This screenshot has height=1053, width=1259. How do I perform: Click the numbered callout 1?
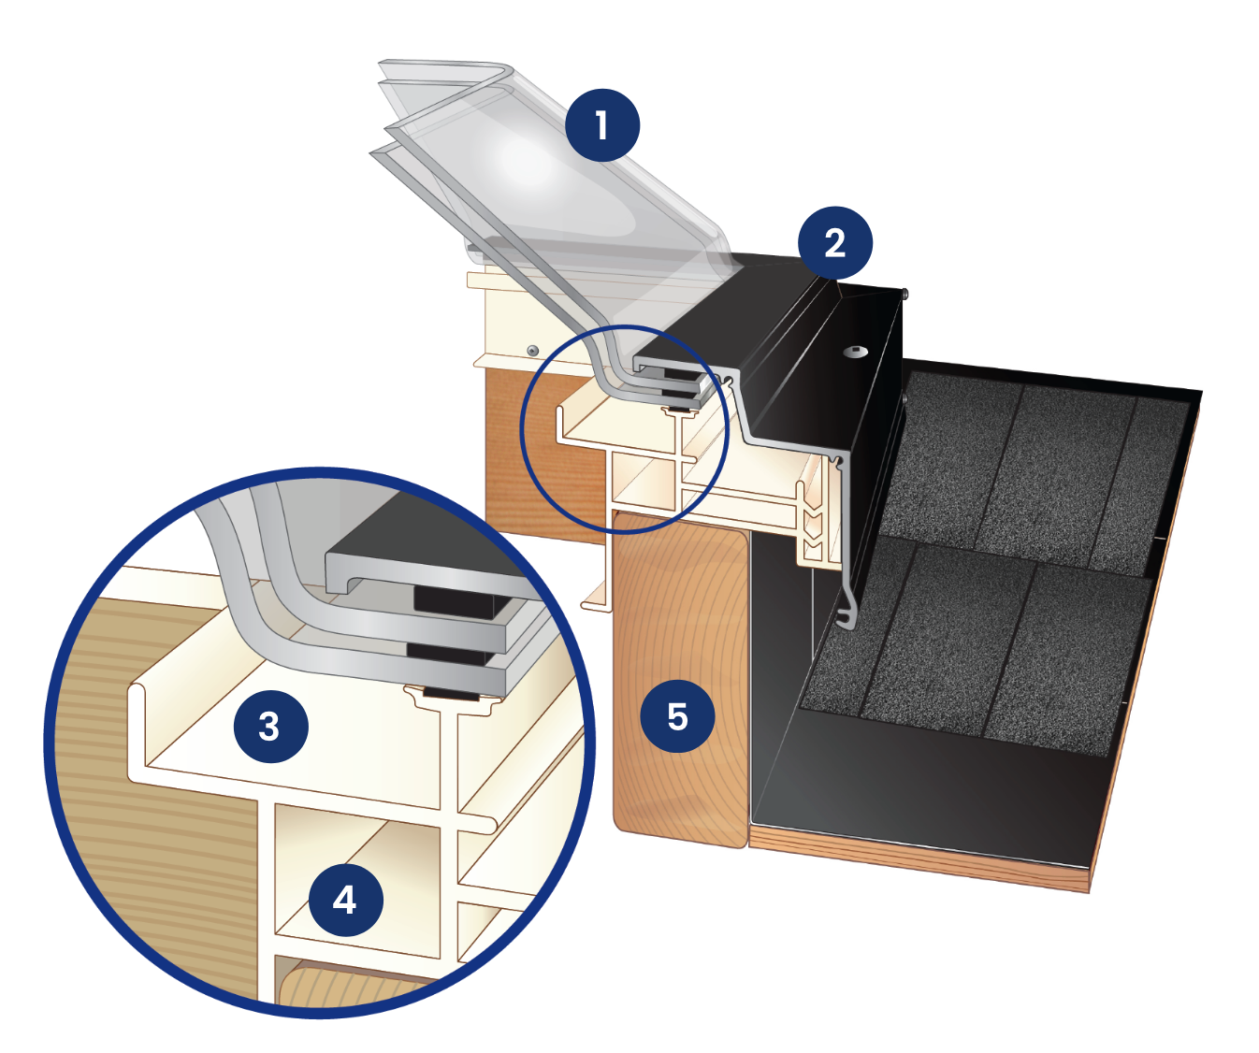[x=601, y=125]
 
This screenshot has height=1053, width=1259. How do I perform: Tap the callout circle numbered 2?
[x=834, y=243]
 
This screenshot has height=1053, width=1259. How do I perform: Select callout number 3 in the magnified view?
[x=270, y=727]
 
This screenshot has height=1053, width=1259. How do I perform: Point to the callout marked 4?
[x=345, y=901]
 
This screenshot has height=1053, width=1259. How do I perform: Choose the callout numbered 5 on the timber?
[x=677, y=716]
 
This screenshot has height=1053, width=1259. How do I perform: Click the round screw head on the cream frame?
[x=532, y=350]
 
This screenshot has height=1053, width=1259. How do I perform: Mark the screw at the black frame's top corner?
[x=904, y=294]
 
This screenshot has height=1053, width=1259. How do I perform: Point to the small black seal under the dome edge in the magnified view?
[x=451, y=695]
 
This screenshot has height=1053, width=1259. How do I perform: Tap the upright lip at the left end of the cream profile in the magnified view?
[x=137, y=729]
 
